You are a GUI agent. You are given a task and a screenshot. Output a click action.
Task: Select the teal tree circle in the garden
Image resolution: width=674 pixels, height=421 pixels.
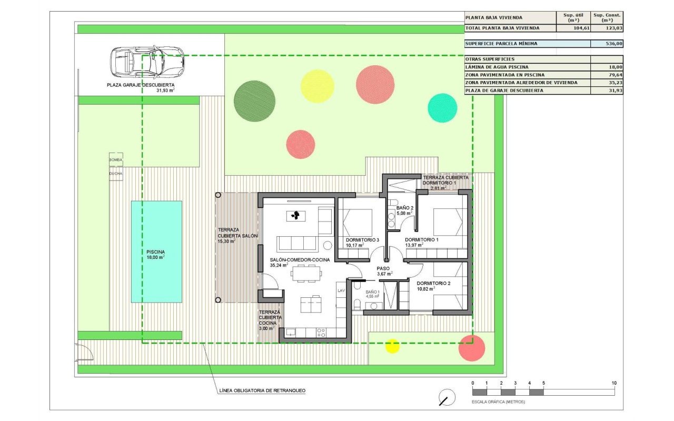click(x=442, y=108)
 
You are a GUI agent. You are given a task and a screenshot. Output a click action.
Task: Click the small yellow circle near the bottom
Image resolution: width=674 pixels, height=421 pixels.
click(x=392, y=346)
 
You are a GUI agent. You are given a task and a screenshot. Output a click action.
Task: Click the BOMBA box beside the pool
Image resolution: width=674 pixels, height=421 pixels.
click(x=115, y=159)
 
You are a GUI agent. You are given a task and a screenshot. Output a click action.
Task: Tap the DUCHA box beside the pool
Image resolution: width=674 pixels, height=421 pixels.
click(x=115, y=173)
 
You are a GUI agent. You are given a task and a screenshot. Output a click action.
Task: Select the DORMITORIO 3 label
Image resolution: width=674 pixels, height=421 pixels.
click(x=362, y=240)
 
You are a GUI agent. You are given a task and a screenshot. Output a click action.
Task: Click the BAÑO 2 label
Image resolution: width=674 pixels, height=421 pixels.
click(x=405, y=208)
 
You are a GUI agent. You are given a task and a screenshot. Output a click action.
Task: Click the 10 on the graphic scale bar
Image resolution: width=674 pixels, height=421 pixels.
click(x=614, y=383)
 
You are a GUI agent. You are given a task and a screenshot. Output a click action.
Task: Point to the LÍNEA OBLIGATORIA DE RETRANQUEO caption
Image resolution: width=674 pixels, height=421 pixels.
click(x=262, y=390)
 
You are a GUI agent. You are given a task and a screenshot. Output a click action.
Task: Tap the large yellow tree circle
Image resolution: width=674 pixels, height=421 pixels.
click(x=317, y=86)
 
